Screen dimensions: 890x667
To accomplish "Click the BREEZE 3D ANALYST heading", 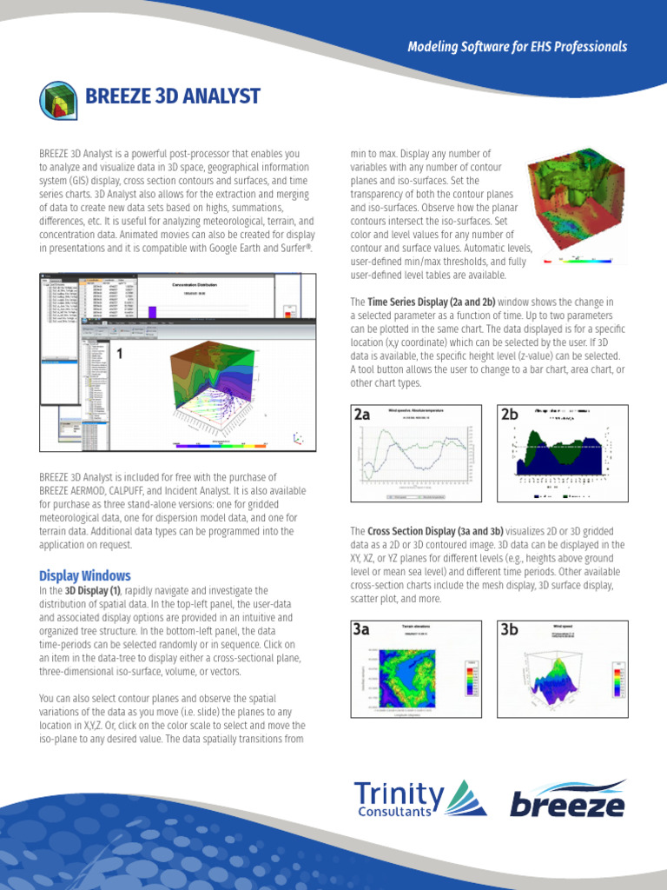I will click(172, 95).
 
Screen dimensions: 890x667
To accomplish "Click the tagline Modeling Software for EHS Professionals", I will click(517, 47).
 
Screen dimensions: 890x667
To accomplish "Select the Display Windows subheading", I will click(85, 575).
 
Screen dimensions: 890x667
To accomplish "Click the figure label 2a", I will click(362, 415).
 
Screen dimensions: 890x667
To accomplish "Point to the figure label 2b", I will click(509, 415).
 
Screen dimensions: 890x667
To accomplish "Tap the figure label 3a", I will click(361, 630).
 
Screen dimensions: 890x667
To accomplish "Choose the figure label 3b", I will click(510, 630).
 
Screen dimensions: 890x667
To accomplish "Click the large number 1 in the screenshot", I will click(120, 355).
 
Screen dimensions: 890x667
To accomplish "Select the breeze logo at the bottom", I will click(567, 799).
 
